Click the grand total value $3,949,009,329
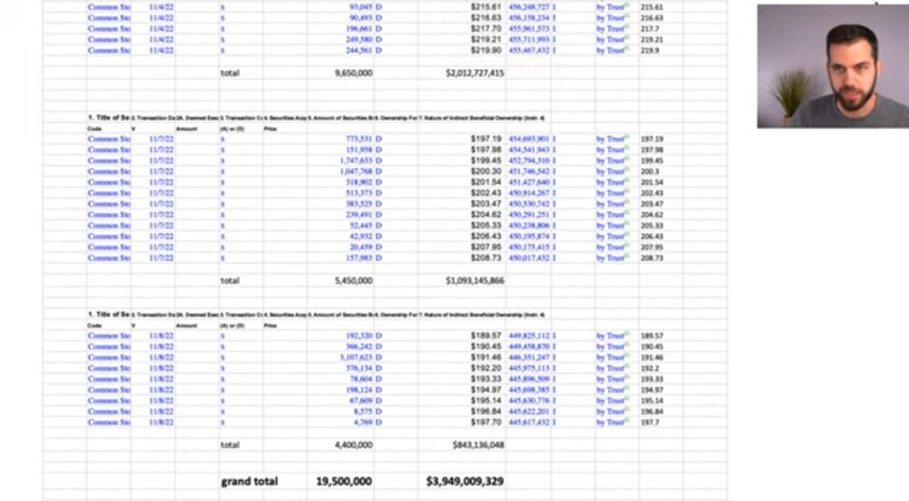pyautogui.click(x=464, y=481)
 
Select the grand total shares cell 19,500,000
pyautogui.click(x=344, y=481)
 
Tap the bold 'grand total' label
pyautogui.click(x=249, y=481)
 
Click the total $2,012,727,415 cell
pyautogui.click(x=474, y=73)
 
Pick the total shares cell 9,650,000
pyautogui.click(x=353, y=73)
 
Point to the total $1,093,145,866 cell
pyautogui.click(x=474, y=281)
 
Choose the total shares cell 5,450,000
pyautogui.click(x=353, y=281)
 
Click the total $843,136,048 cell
pyautogui.click(x=477, y=445)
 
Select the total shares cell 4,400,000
pyautogui.click(x=353, y=445)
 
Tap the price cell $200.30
pyautogui.click(x=486, y=171)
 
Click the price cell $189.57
pyautogui.click(x=486, y=336)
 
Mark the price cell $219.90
pyautogui.click(x=486, y=50)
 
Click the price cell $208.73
pyautogui.click(x=486, y=258)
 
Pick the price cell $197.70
pyautogui.click(x=486, y=422)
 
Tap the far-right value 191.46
pyautogui.click(x=652, y=357)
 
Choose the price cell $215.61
pyautogui.click(x=486, y=6)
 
